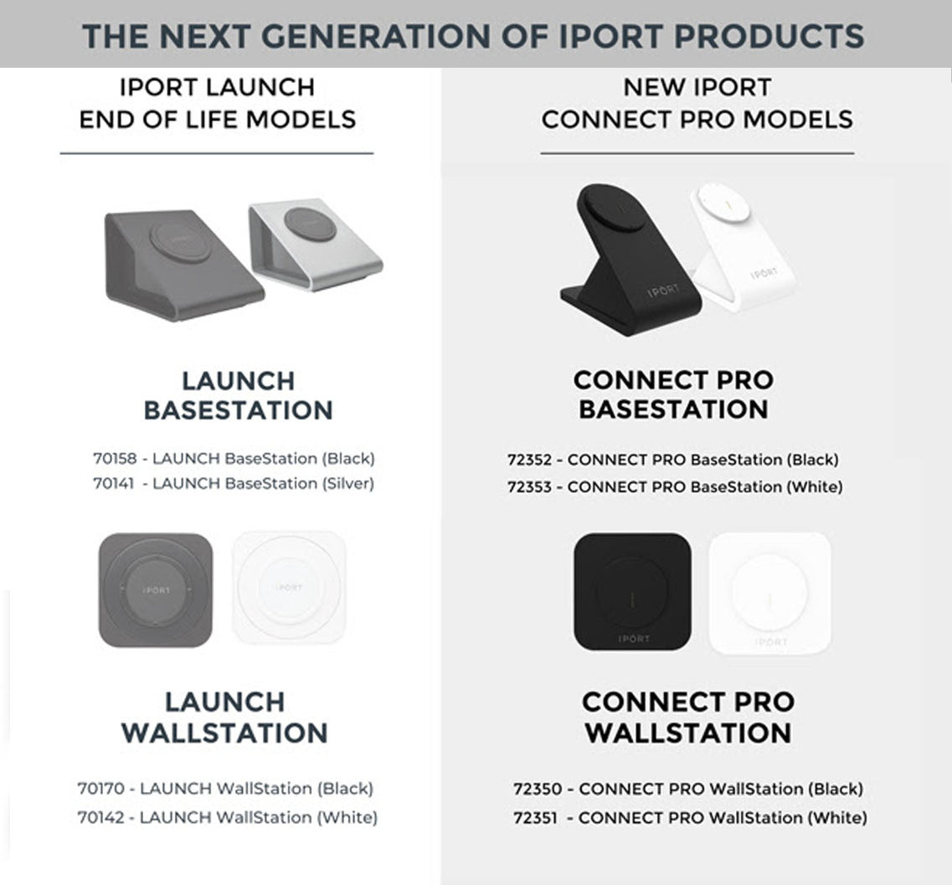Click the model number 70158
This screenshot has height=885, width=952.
tap(113, 459)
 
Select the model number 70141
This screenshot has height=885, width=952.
tap(112, 484)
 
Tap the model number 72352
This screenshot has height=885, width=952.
tap(529, 460)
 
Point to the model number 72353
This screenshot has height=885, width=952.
tap(529, 486)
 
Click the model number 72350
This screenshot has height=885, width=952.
tap(535, 789)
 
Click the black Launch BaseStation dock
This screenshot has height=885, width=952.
tap(180, 264)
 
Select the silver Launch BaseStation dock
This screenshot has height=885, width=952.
tap(316, 243)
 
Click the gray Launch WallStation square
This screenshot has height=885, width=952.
tap(155, 590)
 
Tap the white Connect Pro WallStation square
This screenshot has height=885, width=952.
tap(769, 594)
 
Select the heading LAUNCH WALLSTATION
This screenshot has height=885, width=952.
tap(224, 718)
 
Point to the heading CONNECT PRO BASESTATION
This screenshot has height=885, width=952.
tap(673, 395)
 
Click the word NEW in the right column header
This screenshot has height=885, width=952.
tap(654, 87)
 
